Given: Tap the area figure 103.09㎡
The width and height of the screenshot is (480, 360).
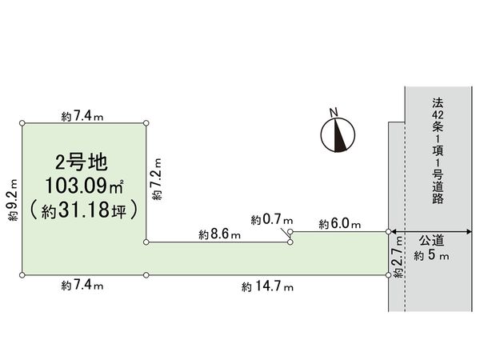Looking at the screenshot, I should click(x=83, y=187).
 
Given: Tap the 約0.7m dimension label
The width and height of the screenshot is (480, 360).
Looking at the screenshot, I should click(x=272, y=219).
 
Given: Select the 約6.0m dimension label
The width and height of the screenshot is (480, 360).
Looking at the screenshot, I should click(x=339, y=223).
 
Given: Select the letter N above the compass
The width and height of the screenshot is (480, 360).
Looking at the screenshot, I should click(x=336, y=111).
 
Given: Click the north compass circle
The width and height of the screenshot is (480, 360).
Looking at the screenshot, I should click(x=337, y=134).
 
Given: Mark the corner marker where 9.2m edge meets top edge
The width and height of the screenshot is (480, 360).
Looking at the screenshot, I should click(x=22, y=122).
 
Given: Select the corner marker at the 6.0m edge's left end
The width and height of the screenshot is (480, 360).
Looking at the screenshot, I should click(x=290, y=231).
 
